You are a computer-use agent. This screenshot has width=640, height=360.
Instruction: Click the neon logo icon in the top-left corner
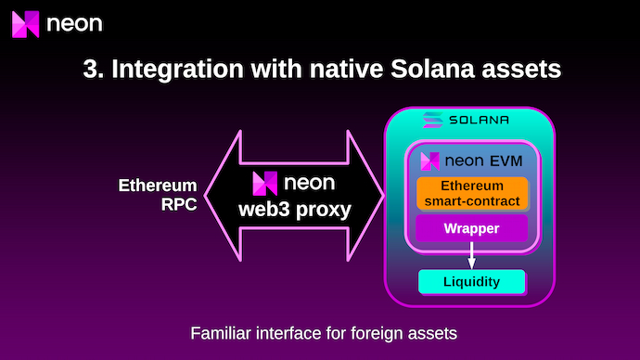(25, 24)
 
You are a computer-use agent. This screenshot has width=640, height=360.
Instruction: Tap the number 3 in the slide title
(90, 69)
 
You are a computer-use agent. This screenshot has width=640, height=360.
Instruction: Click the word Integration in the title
(177, 69)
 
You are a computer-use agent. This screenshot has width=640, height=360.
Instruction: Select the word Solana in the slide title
(432, 69)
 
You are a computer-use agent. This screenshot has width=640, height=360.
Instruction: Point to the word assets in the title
(521, 70)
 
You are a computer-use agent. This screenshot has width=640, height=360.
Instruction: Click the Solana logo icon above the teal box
(432, 120)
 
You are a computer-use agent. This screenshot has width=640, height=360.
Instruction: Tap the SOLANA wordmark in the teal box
(479, 120)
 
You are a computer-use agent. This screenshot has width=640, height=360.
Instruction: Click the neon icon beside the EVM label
(429, 161)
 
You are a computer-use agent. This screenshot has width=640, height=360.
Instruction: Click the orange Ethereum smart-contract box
(472, 194)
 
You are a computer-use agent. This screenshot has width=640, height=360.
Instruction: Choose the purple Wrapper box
(471, 228)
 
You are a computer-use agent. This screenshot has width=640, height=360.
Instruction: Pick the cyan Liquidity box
(472, 282)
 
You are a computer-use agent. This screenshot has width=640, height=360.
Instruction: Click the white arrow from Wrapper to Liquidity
(471, 255)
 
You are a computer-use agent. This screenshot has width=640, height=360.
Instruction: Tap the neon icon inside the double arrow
(265, 184)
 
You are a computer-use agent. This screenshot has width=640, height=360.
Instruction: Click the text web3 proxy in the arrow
(295, 210)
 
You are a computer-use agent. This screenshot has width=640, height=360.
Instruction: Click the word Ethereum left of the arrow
(158, 186)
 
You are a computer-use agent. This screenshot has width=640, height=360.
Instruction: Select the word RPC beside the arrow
(179, 204)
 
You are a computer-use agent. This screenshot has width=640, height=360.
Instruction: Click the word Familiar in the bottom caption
(221, 333)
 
